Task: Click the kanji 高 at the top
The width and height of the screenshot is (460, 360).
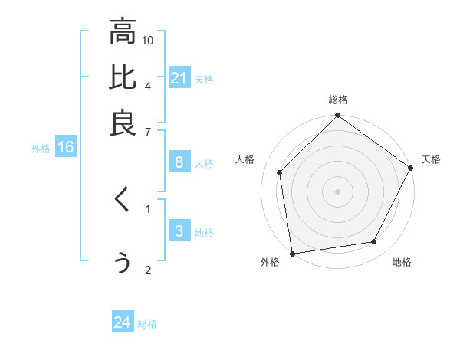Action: pyautogui.click(x=123, y=33)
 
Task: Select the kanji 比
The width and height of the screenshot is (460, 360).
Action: pyautogui.click(x=123, y=78)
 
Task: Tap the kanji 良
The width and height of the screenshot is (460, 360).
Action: pyautogui.click(x=123, y=123)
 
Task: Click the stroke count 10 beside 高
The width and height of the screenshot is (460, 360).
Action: pyautogui.click(x=148, y=40)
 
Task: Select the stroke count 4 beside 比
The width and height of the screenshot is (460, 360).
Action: pyautogui.click(x=148, y=85)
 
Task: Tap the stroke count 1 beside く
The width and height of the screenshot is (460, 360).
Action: pyautogui.click(x=148, y=207)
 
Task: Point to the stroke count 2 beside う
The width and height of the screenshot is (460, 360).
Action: pyautogui.click(x=148, y=270)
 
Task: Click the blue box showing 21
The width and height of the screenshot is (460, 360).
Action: pyautogui.click(x=179, y=78)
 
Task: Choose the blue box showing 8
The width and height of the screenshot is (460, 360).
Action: pyautogui.click(x=179, y=162)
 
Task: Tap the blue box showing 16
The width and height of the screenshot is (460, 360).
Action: pyautogui.click(x=65, y=148)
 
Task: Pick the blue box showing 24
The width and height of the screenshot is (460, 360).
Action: pyautogui.click(x=123, y=323)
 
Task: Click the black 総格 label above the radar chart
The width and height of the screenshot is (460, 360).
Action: pyautogui.click(x=338, y=100)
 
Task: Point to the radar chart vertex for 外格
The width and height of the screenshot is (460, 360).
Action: pyautogui.click(x=292, y=254)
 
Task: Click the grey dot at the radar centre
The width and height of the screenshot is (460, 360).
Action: pyautogui.click(x=338, y=191)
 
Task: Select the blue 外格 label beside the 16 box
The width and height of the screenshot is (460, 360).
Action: pyautogui.click(x=41, y=149)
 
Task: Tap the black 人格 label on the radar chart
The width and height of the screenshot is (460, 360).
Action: pyautogui.click(x=245, y=159)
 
